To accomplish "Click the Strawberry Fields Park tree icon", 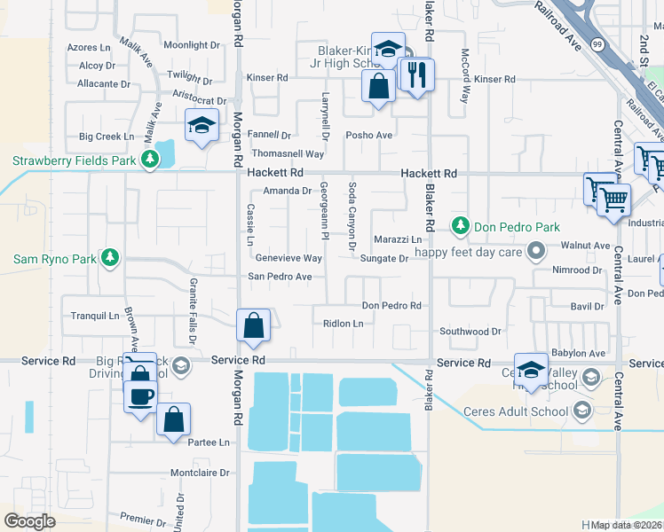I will pyautogui.click(x=151, y=160).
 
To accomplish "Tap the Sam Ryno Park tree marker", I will pyautogui.click(x=110, y=258).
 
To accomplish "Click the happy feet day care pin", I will pyautogui.click(x=534, y=252).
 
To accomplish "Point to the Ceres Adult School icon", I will pyautogui.click(x=581, y=410).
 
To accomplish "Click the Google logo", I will pyautogui.click(x=30, y=520).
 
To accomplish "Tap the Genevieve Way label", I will pyautogui.click(x=288, y=258).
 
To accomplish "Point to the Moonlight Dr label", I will pyautogui.click(x=191, y=45).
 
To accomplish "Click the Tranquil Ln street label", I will pyautogui.click(x=94, y=316).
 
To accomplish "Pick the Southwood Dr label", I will pyautogui.click(x=470, y=332).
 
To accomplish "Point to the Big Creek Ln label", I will pyautogui.click(x=106, y=137).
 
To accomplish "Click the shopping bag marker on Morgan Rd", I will pyautogui.click(x=254, y=325).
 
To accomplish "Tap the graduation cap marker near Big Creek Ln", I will pyautogui.click(x=202, y=124).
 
